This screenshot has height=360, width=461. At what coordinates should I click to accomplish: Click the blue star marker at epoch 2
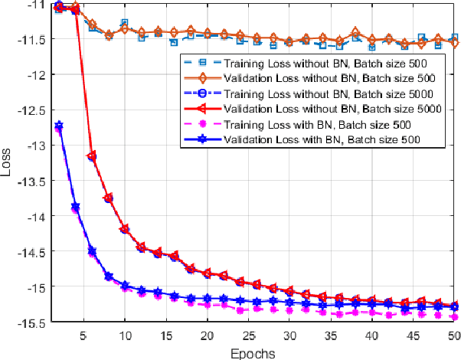59,126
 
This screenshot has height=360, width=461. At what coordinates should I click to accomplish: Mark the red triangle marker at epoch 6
92,156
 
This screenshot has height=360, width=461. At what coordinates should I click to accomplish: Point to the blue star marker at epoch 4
75,207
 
